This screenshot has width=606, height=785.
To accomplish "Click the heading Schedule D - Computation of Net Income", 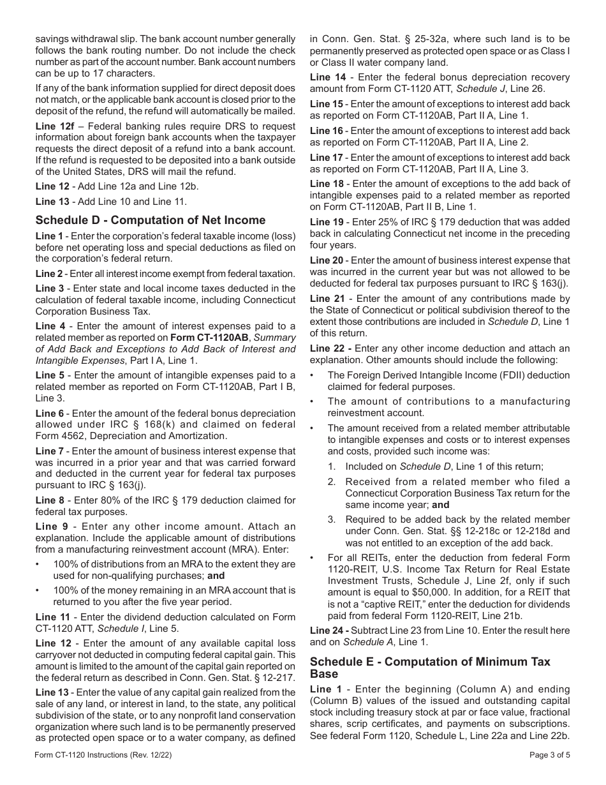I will (x=151, y=220).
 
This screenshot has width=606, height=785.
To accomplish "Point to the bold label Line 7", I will (x=50, y=451).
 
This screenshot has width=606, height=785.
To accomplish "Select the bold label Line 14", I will (x=327, y=77).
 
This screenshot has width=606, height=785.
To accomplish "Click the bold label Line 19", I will (x=327, y=222).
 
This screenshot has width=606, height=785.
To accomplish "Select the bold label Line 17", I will (x=327, y=157).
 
